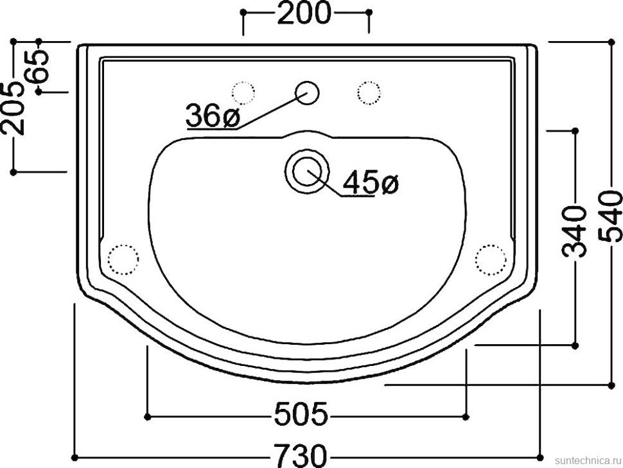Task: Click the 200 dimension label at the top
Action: (x=304, y=13)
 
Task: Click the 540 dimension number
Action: (x=611, y=216)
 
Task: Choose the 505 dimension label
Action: (x=301, y=415)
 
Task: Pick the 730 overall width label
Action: (x=301, y=456)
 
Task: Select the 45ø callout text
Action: (x=371, y=184)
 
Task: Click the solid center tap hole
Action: (x=307, y=92)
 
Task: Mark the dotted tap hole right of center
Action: (x=369, y=92)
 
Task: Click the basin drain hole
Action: (x=307, y=171)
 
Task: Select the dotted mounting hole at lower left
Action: (x=123, y=259)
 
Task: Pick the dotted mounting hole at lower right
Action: (x=491, y=259)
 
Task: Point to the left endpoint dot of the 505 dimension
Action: (x=148, y=417)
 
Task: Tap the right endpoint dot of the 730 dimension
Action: (x=541, y=457)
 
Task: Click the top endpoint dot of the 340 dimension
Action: (x=575, y=131)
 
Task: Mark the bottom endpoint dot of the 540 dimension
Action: (x=611, y=385)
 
